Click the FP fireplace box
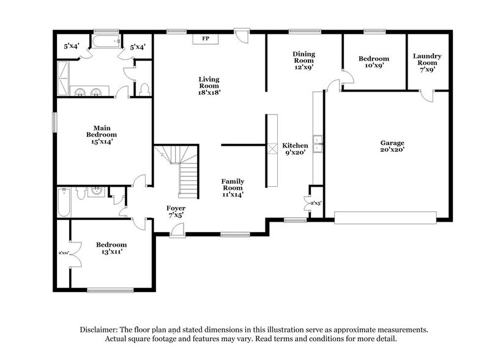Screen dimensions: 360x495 coord(206,39)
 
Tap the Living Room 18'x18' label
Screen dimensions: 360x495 coord(209,86)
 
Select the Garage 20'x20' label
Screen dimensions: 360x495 coord(392,146)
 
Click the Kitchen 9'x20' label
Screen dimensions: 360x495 coord(295,149)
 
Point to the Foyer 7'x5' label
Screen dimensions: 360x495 coord(176,212)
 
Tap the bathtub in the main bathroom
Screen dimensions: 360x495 coord(108,42)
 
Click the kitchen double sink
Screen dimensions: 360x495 coord(317,144)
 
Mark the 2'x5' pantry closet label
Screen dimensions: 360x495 coord(316,203)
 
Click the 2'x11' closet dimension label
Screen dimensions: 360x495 coord(63,252)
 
